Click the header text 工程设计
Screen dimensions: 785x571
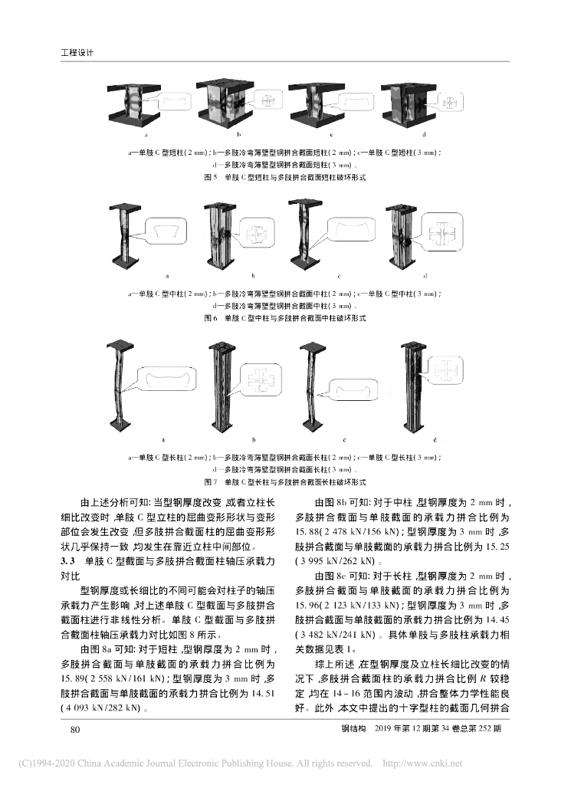[76, 53]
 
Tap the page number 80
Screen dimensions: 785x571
[75, 730]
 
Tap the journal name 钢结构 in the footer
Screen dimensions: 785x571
[352, 730]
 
